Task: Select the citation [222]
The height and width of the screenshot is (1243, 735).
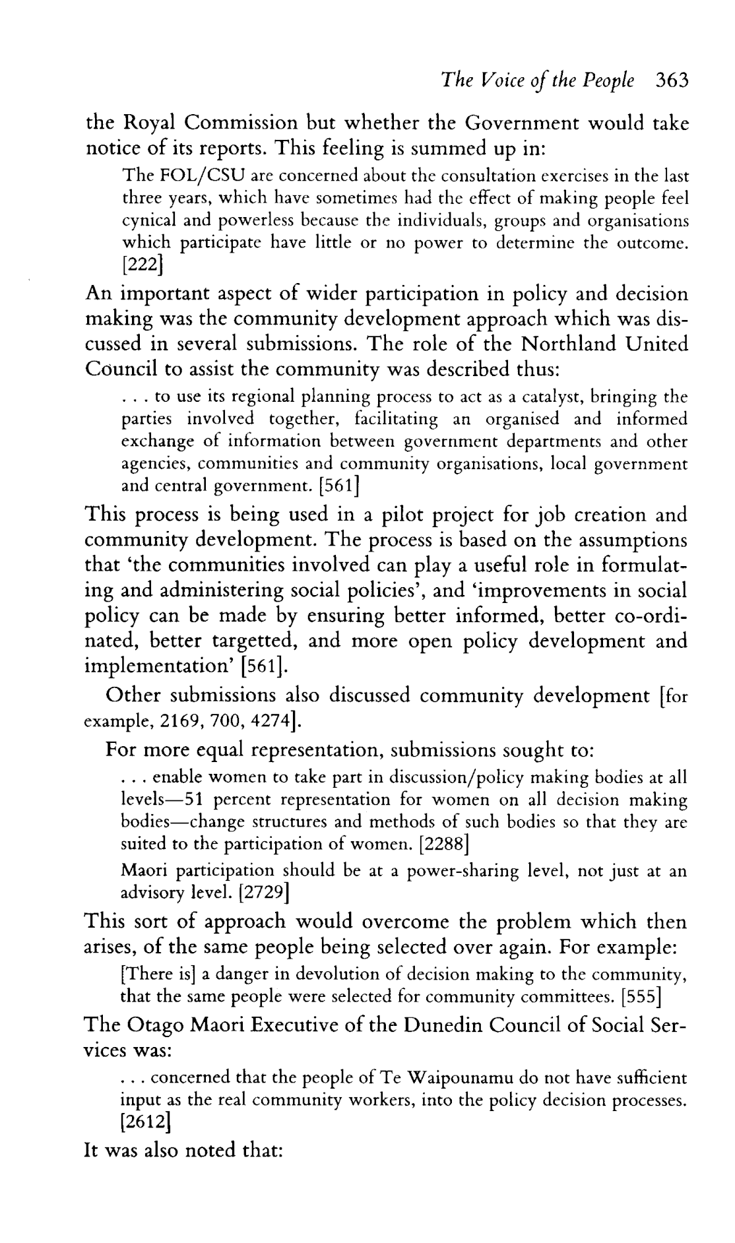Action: tap(143, 266)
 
